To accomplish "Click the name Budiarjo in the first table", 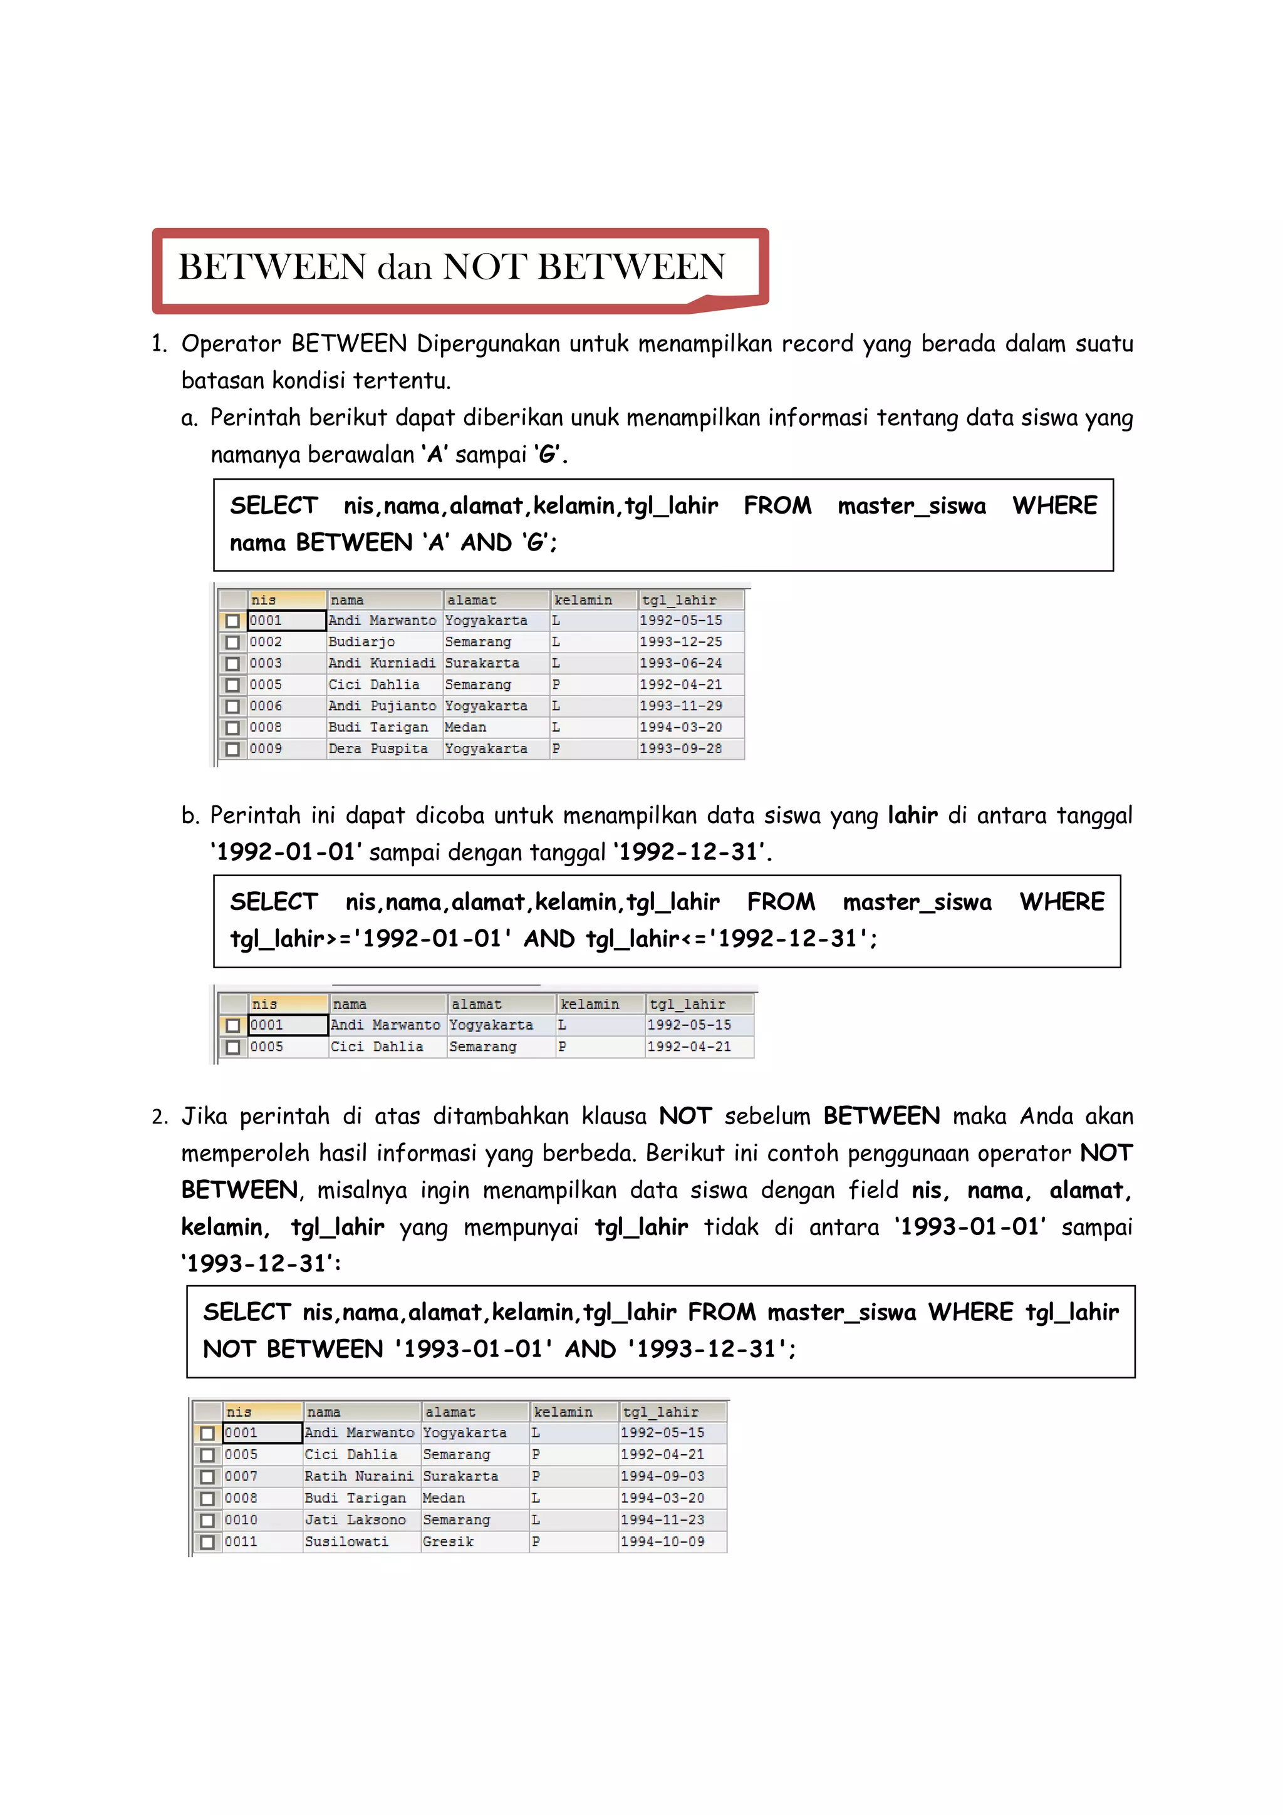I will click(361, 642).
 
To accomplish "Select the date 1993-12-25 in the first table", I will click(680, 642).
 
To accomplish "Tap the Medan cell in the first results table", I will click(465, 727).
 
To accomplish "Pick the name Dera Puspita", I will click(378, 748).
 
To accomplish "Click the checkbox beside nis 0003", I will click(232, 664).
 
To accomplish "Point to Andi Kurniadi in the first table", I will click(381, 663).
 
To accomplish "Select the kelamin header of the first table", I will click(583, 600).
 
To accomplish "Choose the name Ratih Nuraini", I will click(359, 1476).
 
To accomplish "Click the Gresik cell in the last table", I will click(448, 1541).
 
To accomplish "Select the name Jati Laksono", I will click(355, 1519).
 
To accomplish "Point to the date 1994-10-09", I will click(662, 1541).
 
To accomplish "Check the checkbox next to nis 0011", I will click(207, 1543).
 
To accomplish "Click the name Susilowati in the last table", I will click(346, 1541).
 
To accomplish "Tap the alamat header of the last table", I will click(450, 1412).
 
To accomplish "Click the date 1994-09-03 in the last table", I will click(662, 1476).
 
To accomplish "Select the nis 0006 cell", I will click(266, 706).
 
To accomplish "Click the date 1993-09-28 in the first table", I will click(680, 748).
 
